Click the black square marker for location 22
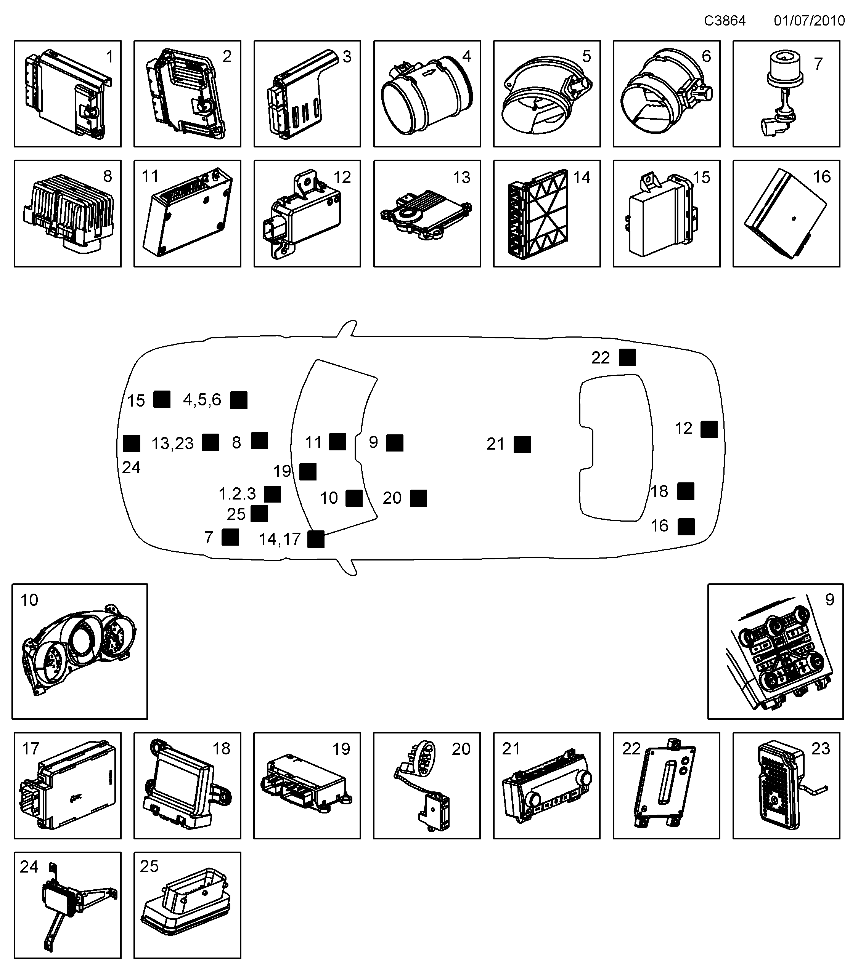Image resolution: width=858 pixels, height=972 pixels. [x=627, y=357]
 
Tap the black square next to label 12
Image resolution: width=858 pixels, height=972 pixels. [x=709, y=429]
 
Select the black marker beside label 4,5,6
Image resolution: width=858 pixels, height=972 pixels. [x=238, y=400]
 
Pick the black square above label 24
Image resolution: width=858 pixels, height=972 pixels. [x=131, y=443]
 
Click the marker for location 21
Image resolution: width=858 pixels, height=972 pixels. [x=522, y=444]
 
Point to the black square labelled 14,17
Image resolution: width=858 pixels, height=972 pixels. [x=315, y=539]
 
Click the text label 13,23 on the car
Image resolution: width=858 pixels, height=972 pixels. [x=173, y=444]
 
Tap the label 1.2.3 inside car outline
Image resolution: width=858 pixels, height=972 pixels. [x=237, y=494]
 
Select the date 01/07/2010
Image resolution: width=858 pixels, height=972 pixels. [x=809, y=21]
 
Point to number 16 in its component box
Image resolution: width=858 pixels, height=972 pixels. [x=821, y=177]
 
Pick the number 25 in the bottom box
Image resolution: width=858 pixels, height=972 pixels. [x=149, y=866]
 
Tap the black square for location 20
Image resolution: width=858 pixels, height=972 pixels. [x=418, y=498]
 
